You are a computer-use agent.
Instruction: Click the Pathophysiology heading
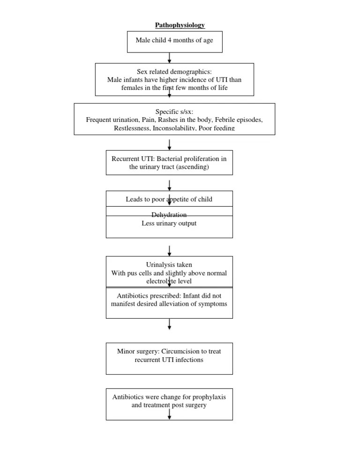180,25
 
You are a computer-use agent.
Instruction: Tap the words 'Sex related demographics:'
174,72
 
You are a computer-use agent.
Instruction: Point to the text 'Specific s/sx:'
174,112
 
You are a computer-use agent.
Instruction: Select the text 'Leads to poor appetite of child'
169,199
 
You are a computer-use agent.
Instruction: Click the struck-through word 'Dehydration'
169,215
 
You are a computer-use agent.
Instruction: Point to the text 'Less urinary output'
169,223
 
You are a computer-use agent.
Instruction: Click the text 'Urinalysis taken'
169,265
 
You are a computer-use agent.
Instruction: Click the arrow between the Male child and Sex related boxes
169,58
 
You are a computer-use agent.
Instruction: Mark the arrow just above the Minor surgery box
169,324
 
